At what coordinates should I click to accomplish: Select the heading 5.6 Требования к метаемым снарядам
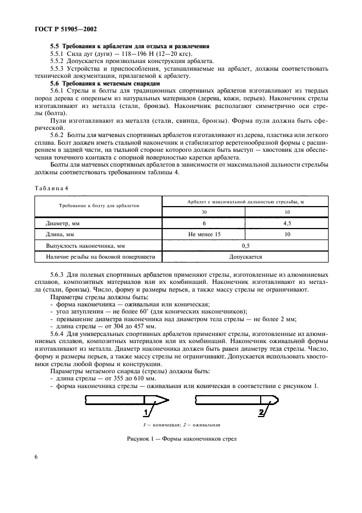(97, 82)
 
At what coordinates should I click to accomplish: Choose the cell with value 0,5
(245, 246)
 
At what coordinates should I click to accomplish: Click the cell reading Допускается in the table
(245, 256)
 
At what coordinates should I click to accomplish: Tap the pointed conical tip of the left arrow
(168, 402)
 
